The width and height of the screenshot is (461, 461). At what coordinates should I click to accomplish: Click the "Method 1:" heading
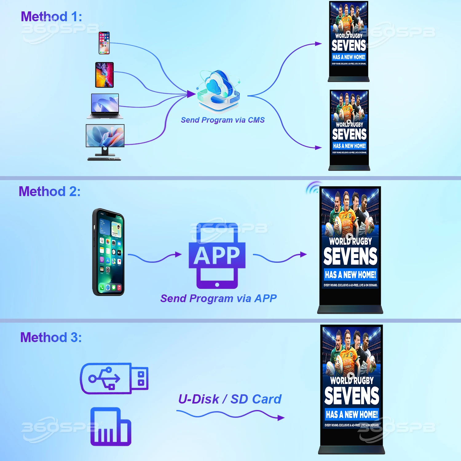coord(51,17)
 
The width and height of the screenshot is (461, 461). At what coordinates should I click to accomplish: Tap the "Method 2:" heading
coord(49,191)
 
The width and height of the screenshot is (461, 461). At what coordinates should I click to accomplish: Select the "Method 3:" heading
coord(51,337)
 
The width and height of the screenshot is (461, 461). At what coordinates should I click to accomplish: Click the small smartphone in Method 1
coord(104,43)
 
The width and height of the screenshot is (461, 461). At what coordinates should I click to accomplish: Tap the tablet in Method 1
coord(104,75)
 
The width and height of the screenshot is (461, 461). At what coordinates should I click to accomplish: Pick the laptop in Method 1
coord(105,106)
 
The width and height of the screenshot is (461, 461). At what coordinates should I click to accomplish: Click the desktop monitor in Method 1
coord(105,138)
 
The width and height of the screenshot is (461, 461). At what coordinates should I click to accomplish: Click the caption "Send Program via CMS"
coord(223,120)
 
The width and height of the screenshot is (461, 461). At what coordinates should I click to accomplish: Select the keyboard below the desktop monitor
coord(104,159)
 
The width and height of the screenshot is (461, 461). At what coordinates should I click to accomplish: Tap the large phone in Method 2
coord(108,252)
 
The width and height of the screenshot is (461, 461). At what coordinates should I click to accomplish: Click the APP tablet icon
coord(217,256)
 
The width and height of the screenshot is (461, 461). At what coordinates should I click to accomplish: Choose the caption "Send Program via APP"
coord(219,298)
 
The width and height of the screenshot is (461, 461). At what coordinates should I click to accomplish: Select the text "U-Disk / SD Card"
coord(230,399)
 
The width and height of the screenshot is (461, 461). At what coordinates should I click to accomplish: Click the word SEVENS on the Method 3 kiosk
coord(352,396)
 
